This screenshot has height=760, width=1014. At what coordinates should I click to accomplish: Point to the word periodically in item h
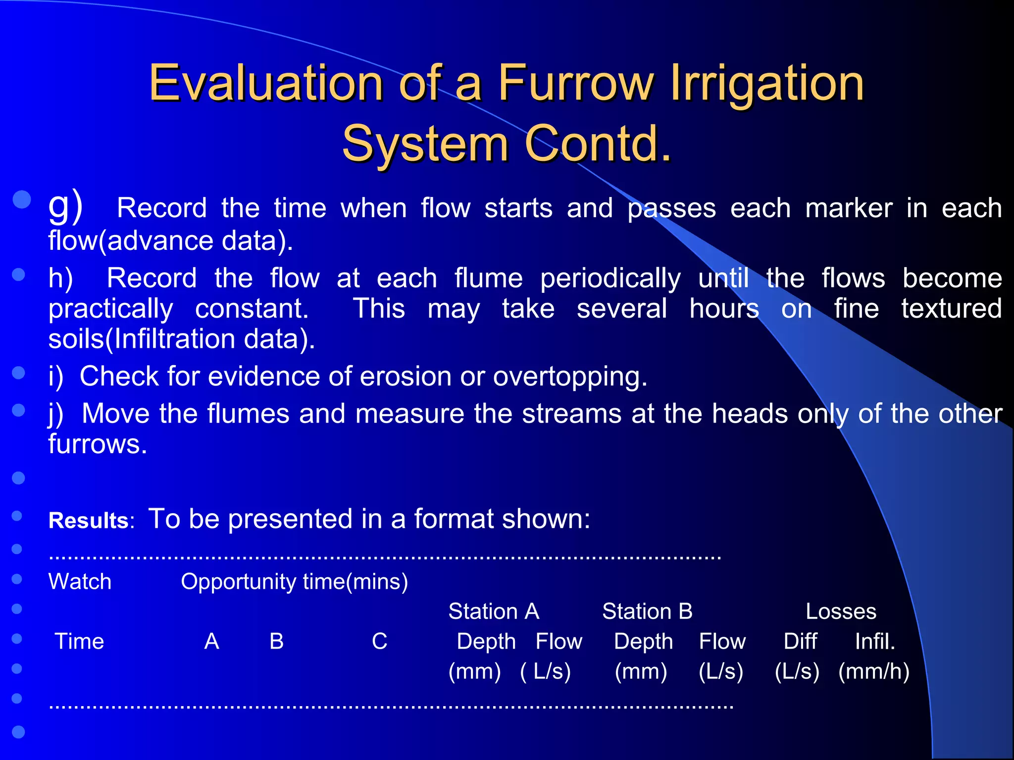610,279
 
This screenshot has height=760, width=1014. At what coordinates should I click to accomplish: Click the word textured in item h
951,309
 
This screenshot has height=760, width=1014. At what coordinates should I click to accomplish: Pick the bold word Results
89,521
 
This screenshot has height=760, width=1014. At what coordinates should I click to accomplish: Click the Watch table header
80,582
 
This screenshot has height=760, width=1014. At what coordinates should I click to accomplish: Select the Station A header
494,612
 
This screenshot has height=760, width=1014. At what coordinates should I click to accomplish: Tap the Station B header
647,612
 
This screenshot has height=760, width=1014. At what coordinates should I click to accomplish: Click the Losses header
841,612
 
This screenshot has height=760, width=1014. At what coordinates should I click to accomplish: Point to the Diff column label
800,642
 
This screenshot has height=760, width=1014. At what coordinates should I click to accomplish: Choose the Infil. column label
875,642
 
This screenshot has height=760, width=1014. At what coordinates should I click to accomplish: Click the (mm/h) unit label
874,672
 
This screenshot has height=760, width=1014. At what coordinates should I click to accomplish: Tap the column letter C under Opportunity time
379,642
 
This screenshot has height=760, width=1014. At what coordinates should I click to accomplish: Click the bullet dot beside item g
22,200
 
